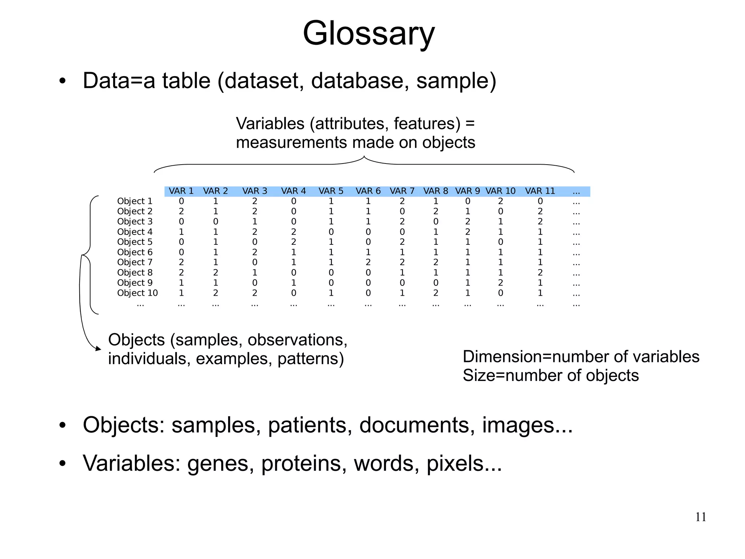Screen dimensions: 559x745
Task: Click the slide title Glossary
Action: [x=368, y=34]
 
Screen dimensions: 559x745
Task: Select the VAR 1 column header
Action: [x=181, y=191]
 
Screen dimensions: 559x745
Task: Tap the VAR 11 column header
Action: [x=540, y=191]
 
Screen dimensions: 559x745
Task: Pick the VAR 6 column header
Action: [x=368, y=191]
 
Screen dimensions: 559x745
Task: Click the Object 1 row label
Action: [x=135, y=201]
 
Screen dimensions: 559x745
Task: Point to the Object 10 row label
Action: [x=137, y=293]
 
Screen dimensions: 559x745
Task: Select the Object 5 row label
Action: [x=135, y=242]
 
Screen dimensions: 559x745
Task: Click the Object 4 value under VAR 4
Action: [x=294, y=232]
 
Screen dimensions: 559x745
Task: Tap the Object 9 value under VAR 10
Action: [x=500, y=283]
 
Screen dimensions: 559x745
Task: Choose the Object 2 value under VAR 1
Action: [x=181, y=212]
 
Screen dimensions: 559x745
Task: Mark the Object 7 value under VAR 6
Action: [x=368, y=263]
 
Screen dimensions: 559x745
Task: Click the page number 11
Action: [x=701, y=517]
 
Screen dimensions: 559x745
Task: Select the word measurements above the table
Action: [x=291, y=143]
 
